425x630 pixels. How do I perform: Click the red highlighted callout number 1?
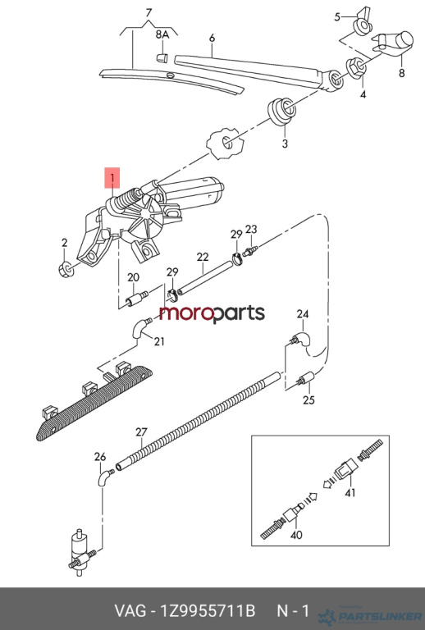(x=112, y=177)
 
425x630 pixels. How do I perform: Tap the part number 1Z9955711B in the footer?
(x=208, y=611)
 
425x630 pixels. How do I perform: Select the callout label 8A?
(x=162, y=34)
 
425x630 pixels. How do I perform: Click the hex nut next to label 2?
(x=66, y=269)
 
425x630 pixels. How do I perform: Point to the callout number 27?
(x=141, y=432)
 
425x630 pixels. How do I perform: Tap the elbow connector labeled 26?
(x=105, y=477)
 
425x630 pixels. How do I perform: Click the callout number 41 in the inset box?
(x=350, y=492)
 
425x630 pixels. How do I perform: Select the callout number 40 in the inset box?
(x=296, y=535)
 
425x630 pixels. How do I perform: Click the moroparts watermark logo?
(x=212, y=314)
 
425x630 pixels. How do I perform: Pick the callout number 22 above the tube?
(x=203, y=257)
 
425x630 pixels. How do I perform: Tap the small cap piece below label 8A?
(x=162, y=57)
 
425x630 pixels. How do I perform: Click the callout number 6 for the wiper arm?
(x=212, y=38)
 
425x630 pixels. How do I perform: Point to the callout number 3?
(x=285, y=144)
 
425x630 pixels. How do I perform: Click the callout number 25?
(x=308, y=400)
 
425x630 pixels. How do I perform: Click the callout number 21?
(x=159, y=341)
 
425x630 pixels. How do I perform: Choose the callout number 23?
(x=251, y=230)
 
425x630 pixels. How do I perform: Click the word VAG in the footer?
(x=130, y=611)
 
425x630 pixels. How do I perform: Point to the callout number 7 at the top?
(x=149, y=12)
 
